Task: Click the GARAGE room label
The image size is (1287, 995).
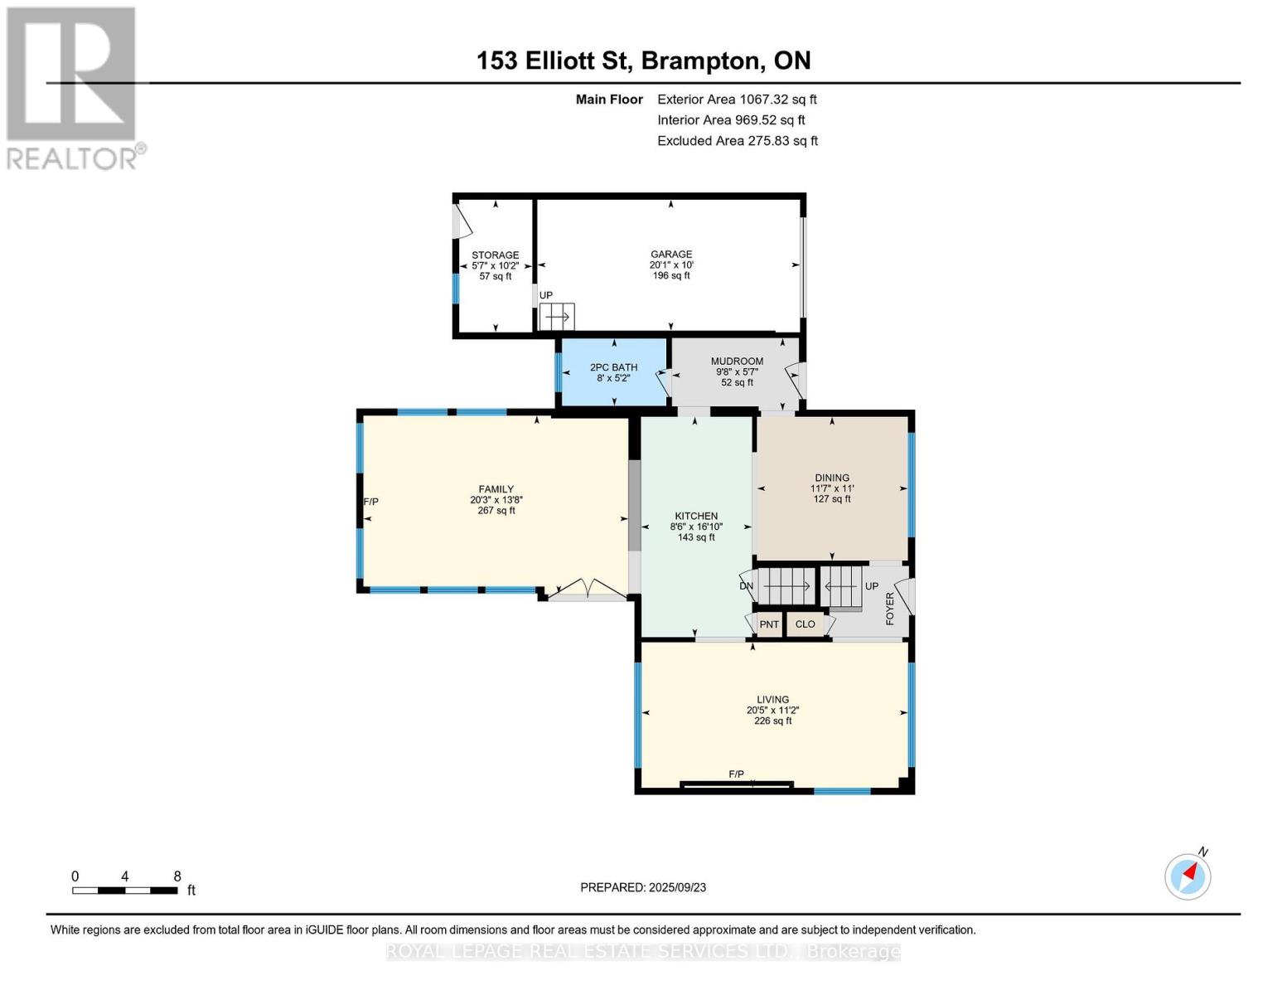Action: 670,255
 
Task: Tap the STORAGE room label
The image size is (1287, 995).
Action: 496,255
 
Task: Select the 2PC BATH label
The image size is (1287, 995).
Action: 613,367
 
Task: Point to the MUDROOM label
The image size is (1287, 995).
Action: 737,362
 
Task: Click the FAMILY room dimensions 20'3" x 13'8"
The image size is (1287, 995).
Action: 496,500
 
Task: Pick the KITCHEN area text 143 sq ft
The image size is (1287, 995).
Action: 695,537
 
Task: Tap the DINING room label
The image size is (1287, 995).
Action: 831,478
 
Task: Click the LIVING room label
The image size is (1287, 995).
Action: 772,699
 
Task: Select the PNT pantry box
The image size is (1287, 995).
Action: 769,624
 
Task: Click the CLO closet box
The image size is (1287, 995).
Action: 806,624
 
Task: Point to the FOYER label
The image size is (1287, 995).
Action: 890,608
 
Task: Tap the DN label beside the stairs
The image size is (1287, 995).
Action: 746,586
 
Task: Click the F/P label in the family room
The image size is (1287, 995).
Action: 370,502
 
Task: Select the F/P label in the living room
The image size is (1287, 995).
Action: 736,774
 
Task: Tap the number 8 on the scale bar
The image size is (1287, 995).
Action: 177,876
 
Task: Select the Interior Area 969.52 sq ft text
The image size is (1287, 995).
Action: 731,120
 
